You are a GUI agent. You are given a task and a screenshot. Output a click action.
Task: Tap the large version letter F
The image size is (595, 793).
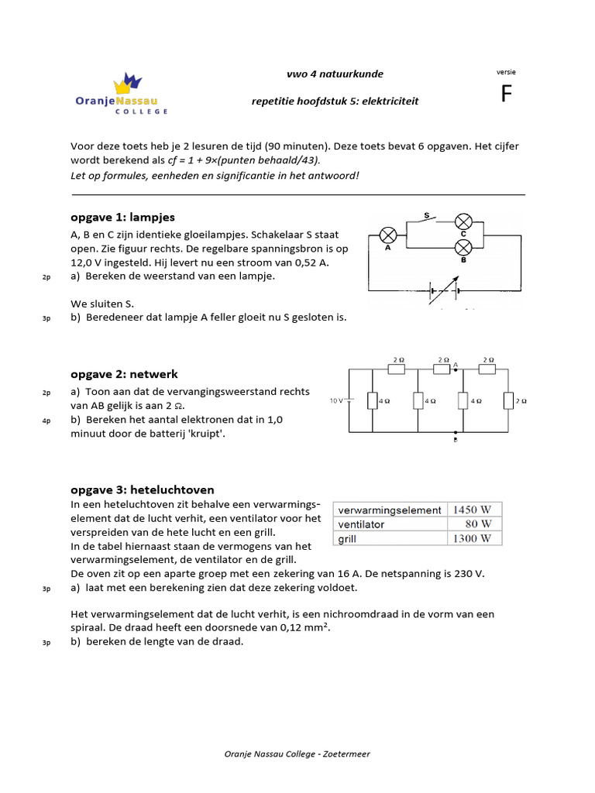(x=507, y=94)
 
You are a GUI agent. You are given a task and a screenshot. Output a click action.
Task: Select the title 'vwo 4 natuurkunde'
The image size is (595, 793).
(x=335, y=74)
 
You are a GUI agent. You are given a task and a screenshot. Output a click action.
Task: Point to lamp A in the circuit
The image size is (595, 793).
(x=387, y=235)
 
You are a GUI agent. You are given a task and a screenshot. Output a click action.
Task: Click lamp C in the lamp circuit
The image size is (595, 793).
(x=463, y=220)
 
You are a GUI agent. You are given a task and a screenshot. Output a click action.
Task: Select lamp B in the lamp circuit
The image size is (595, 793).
(x=463, y=247)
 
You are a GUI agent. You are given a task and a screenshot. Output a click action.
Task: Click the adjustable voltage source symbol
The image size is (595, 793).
(x=443, y=292)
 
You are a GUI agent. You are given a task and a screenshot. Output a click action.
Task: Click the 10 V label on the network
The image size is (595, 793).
(x=335, y=401)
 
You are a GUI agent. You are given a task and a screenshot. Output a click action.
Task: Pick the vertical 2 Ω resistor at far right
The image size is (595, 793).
(x=507, y=401)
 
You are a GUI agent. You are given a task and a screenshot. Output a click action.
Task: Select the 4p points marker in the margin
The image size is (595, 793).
(x=46, y=421)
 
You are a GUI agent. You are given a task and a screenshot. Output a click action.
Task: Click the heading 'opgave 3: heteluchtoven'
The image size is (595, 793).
(x=143, y=489)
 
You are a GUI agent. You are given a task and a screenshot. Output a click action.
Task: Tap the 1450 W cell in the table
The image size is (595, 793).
(x=476, y=510)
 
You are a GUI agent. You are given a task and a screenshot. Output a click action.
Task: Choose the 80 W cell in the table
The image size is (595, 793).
(x=476, y=524)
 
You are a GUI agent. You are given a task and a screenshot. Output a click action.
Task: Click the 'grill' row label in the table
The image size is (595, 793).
(x=346, y=538)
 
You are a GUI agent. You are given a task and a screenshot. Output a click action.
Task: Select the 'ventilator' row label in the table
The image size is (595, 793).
(x=360, y=524)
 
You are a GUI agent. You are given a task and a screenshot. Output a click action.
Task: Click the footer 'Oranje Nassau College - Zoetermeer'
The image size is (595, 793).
(x=297, y=754)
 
